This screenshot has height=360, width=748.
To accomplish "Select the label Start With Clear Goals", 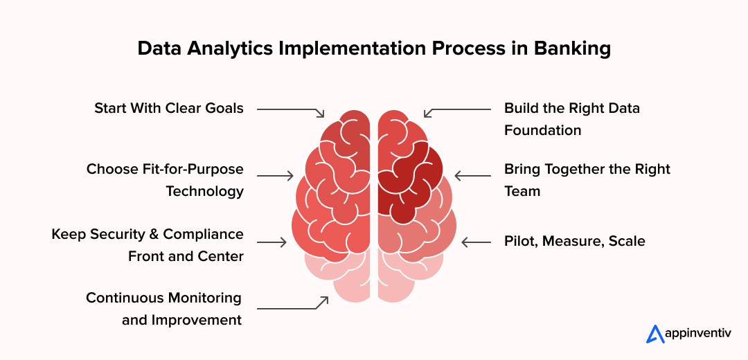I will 169,108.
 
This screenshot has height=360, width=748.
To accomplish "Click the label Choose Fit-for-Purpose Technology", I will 165,180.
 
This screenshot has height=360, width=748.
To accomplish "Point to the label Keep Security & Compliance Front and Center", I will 148,245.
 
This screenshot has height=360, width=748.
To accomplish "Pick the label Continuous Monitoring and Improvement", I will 163,309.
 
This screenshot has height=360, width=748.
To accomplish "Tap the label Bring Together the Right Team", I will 587,180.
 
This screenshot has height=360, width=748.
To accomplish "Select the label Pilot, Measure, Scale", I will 575,242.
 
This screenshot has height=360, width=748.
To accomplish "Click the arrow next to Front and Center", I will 271,242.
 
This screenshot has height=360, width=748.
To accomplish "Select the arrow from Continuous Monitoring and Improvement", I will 291,306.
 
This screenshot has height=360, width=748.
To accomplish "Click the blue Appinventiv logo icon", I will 655,334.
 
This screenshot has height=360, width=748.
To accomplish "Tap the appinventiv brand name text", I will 700,334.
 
